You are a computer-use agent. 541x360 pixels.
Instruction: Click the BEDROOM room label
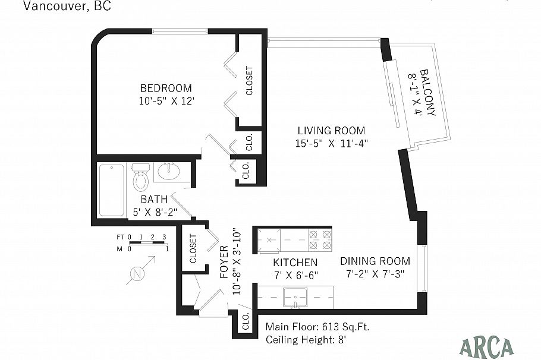click(x=166, y=89)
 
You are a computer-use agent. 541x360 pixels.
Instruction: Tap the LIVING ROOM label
click(x=331, y=131)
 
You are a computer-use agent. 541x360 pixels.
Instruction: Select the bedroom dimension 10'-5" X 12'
click(x=167, y=101)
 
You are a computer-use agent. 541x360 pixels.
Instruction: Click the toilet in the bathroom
click(x=140, y=177)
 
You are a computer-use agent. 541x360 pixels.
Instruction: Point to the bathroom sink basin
click(x=169, y=171)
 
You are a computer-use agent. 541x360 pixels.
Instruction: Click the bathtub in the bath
click(x=111, y=190)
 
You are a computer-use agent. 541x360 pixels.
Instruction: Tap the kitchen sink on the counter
click(x=295, y=297)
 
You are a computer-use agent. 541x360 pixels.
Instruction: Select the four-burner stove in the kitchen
click(x=320, y=240)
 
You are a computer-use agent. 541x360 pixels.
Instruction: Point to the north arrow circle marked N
click(x=137, y=274)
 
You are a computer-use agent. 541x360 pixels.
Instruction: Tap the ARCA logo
click(x=486, y=348)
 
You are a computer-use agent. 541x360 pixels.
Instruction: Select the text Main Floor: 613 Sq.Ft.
click(x=317, y=327)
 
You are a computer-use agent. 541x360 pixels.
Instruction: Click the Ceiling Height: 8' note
click(x=306, y=340)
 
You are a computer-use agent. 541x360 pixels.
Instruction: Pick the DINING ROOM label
click(x=375, y=261)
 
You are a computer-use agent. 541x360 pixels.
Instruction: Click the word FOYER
click(x=224, y=262)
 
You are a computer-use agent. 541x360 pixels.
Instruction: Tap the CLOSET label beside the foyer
click(x=193, y=249)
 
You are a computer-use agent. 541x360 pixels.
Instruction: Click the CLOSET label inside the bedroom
click(x=249, y=81)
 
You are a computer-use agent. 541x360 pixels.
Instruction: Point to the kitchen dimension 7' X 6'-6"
click(x=295, y=275)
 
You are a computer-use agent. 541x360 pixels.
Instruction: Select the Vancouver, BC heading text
click(x=67, y=6)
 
